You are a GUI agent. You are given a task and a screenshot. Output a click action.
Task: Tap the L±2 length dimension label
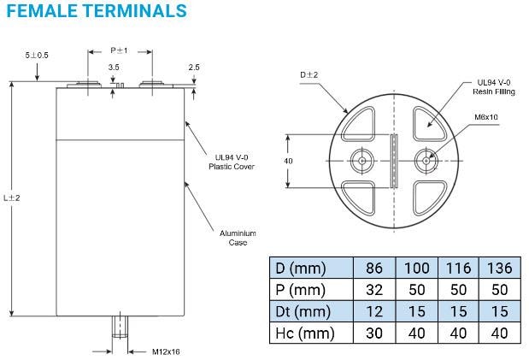click(x=12, y=198)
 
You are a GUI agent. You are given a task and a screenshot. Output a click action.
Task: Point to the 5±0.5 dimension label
click(x=37, y=56)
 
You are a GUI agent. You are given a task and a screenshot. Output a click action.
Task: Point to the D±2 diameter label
click(x=309, y=75)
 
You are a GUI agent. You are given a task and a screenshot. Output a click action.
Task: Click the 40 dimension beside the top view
click(x=288, y=161)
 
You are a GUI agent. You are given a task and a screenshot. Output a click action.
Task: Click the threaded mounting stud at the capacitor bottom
click(x=120, y=328)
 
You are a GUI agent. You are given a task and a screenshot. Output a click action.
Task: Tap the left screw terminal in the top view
click(x=362, y=160)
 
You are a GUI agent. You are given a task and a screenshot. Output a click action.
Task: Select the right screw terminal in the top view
click(x=425, y=160)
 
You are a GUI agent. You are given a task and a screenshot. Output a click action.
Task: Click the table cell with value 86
click(x=374, y=266)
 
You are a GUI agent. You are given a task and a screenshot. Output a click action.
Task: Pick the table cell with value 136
click(x=499, y=266)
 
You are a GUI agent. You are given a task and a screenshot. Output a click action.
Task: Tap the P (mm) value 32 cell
click(x=374, y=288)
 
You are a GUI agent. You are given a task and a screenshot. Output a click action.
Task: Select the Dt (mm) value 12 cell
click(x=374, y=310)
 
